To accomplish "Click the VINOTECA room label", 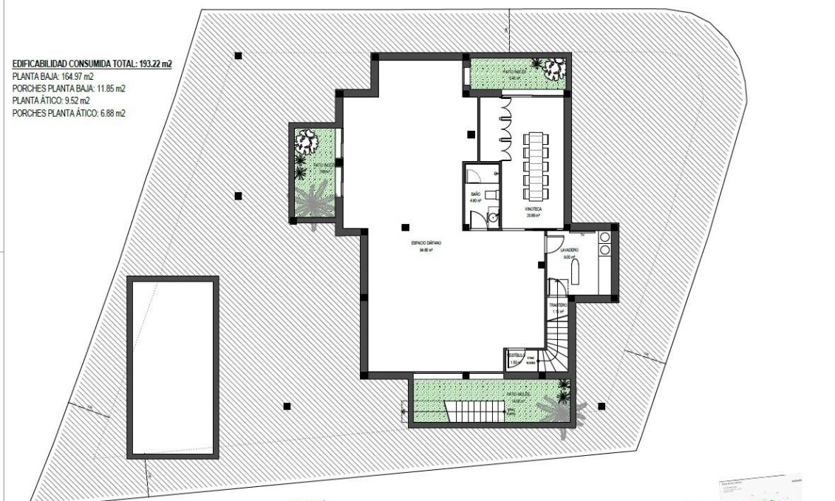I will (534, 210).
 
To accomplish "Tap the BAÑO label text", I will (476, 194).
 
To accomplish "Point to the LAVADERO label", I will (570, 251).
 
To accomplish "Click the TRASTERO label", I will (558, 305).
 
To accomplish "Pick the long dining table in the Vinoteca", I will (535, 166).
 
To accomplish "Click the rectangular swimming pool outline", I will (173, 367).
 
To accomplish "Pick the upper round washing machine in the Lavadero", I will (604, 237).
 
